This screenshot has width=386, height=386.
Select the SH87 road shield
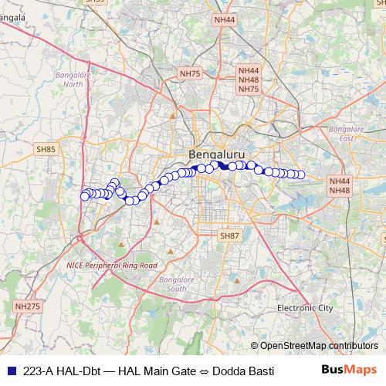click(229, 235)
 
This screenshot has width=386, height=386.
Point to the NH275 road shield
click(27, 306)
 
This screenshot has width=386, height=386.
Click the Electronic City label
click(305, 308)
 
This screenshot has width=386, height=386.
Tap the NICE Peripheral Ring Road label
click(111, 265)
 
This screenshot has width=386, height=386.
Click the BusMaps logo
click(350, 371)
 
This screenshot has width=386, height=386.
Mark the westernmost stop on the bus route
click(84, 196)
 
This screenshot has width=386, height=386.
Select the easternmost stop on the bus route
click(301, 174)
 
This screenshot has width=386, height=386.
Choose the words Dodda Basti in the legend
click(243, 371)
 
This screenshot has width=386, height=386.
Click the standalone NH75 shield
click(189, 73)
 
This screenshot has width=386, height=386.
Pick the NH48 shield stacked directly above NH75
click(248, 80)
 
